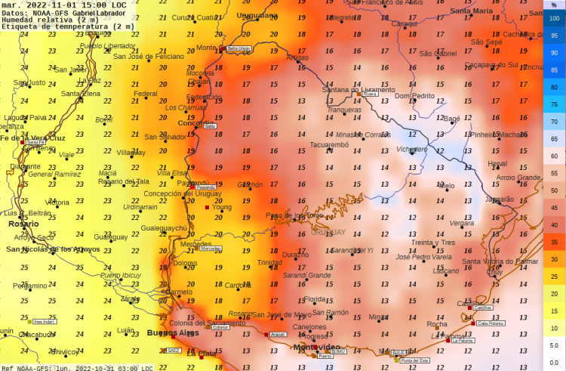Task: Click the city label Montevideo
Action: [317, 346]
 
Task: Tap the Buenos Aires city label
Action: [172, 332]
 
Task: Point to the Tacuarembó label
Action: [329, 144]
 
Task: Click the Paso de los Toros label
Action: [294, 215]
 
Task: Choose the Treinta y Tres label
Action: [433, 243]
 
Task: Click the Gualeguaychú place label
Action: [164, 227]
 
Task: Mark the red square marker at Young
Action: [208, 206]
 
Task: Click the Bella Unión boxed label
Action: [238, 48]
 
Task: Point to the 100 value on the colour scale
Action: [554, 18]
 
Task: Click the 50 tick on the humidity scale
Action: [554, 190]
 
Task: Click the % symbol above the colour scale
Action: [553, 5]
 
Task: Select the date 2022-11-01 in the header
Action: [52, 5]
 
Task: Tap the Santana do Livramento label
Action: [358, 90]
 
